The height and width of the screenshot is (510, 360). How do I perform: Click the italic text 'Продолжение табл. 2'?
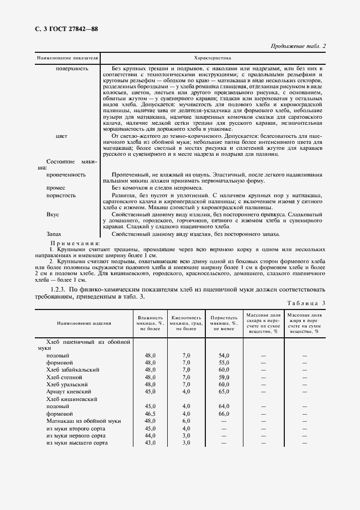297,46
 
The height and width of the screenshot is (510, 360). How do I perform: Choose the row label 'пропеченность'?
66,175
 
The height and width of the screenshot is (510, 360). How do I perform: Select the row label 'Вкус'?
52,215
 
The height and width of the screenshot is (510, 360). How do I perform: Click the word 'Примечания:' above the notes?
75,243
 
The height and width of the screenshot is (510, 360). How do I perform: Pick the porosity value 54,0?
224,355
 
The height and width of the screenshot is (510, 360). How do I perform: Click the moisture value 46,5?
150,414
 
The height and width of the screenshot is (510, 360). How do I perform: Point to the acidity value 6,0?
186,421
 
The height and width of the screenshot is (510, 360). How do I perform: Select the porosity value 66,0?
224,414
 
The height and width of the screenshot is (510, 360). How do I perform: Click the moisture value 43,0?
150,443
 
